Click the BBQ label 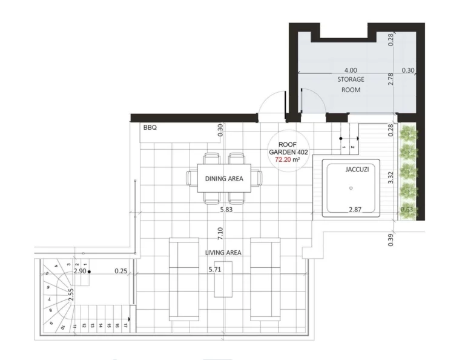[150, 128]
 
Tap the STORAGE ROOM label [351, 84]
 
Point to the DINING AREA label [224, 179]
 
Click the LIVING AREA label [225, 252]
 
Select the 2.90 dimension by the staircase [79, 272]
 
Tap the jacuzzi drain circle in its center [351, 188]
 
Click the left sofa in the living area [183, 278]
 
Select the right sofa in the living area [265, 278]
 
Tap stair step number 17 [125, 325]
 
